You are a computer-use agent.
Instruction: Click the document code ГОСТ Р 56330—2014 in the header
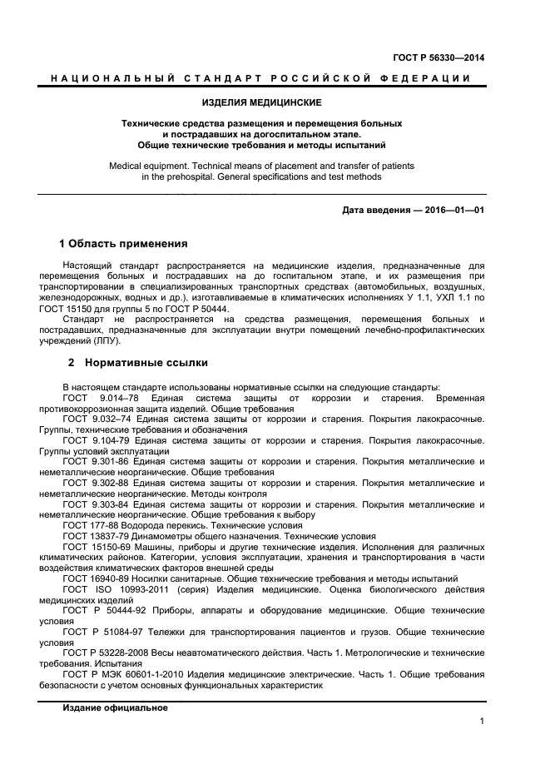[439, 57]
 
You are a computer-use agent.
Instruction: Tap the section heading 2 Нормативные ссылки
[137, 363]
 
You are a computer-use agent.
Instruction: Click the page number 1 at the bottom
[482, 722]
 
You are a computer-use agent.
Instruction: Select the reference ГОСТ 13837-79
[95, 536]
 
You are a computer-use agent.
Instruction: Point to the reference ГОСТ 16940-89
[95, 578]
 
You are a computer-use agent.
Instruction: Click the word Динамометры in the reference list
[157, 536]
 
